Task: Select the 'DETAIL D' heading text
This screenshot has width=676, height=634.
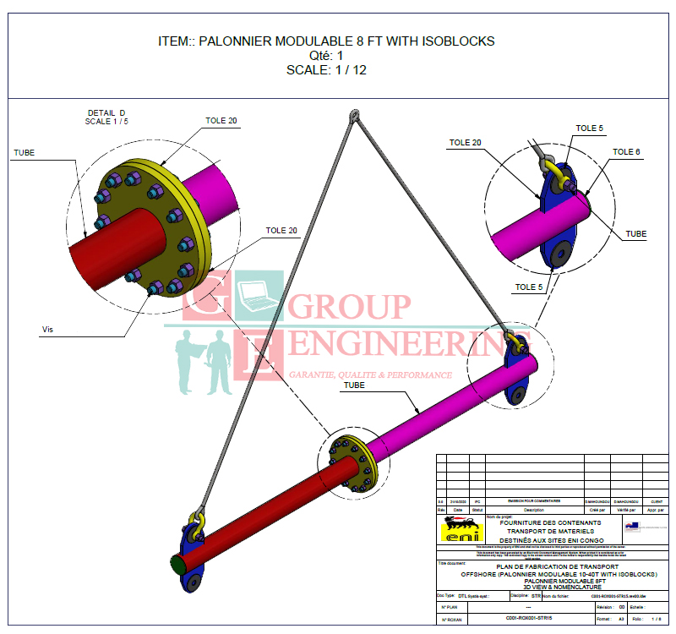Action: (x=106, y=112)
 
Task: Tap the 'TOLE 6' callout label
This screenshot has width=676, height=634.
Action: (x=626, y=152)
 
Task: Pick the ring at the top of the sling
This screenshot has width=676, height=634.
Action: (x=353, y=117)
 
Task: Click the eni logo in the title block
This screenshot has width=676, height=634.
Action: (x=461, y=531)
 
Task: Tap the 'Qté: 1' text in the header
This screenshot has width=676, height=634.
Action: (x=326, y=56)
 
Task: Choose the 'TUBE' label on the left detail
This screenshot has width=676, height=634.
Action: (x=24, y=153)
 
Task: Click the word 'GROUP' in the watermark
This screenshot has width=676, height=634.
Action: (x=350, y=308)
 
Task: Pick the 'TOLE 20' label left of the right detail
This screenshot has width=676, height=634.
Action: (x=464, y=143)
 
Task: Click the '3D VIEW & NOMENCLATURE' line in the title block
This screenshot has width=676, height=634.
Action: (x=550, y=587)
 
